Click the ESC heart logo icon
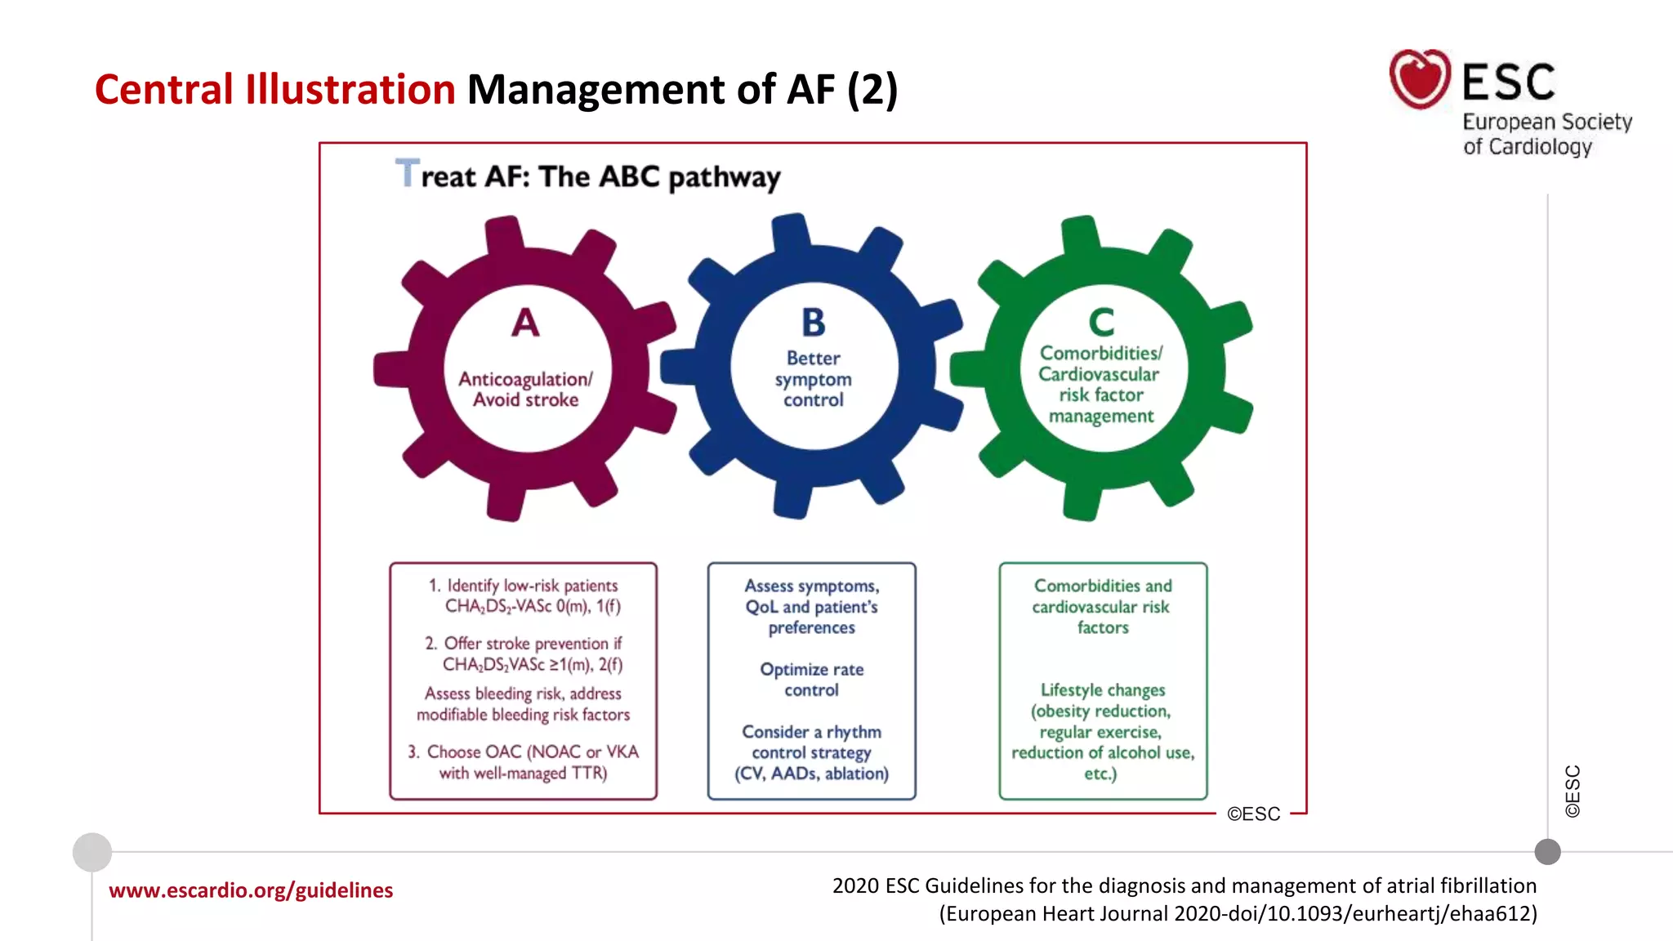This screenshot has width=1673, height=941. click(x=1420, y=79)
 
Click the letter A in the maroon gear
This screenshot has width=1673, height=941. click(x=525, y=323)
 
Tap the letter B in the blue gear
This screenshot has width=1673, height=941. click(x=813, y=323)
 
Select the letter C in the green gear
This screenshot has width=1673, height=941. click(x=1101, y=323)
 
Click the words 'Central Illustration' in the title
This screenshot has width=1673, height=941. click(x=274, y=89)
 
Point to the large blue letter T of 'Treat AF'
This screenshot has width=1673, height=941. click(x=407, y=173)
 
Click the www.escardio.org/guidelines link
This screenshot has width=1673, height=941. click(x=251, y=890)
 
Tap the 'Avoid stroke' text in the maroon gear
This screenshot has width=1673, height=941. click(x=525, y=400)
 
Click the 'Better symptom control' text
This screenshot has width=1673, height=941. click(x=813, y=379)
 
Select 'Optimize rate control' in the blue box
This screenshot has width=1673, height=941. click(x=811, y=680)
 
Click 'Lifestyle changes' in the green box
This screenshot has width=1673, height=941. click(x=1102, y=690)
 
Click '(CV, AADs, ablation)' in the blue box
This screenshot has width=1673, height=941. click(x=811, y=774)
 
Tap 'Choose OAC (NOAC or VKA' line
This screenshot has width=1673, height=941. click(x=532, y=751)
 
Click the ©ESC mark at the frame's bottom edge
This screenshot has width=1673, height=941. click(x=1253, y=814)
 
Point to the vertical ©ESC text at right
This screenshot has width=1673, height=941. click(x=1573, y=791)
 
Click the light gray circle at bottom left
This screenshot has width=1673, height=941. click(x=92, y=852)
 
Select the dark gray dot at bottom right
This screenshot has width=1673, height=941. click(x=1547, y=852)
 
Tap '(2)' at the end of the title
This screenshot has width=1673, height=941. click(x=872, y=89)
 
